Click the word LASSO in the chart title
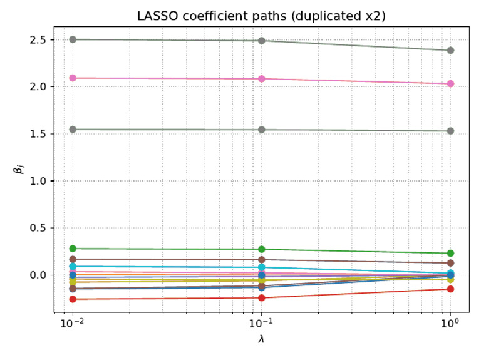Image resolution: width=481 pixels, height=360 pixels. coord(157,16)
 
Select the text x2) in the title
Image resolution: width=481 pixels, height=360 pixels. coord(375,16)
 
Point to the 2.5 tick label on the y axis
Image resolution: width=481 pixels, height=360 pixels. coord(38,40)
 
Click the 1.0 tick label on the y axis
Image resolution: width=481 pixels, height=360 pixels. coord(38,181)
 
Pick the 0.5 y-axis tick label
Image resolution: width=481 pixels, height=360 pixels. coord(38,228)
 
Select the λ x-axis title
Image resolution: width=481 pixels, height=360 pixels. coord(261,339)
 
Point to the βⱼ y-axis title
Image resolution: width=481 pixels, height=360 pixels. coord(19,169)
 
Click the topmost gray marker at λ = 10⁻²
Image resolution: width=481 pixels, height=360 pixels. coord(73,39)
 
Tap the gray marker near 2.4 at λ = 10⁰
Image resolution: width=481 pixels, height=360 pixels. coord(451,50)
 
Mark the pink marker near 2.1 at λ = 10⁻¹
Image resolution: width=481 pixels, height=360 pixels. coord(262,79)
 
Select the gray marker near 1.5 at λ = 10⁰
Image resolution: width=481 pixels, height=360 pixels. coord(451,131)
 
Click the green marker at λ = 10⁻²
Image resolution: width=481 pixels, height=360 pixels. coord(73,249)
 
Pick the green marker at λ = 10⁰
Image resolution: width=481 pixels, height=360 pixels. coord(451,254)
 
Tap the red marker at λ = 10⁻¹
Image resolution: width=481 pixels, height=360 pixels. coord(262,298)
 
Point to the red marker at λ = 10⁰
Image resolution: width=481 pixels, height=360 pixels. coord(451,289)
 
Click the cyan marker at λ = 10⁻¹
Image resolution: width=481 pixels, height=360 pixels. coord(262,267)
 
